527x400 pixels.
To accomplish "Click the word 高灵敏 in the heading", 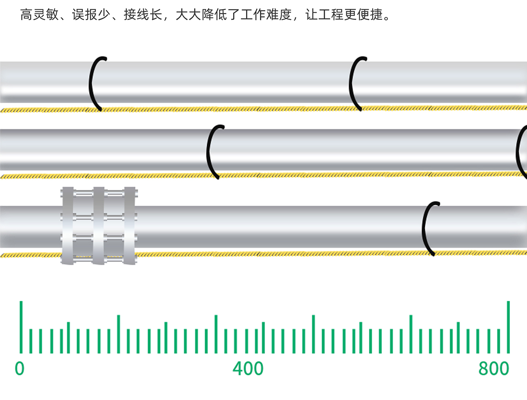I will coord(39,15).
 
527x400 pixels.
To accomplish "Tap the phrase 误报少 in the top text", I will coord(91,15).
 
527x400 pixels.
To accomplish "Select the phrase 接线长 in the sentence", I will coord(143,15).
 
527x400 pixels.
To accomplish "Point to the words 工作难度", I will coord(266,15).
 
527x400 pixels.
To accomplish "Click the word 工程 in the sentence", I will coord(331,15).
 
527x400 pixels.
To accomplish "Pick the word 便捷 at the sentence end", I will coord(370,15).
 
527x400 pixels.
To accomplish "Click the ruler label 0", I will coord(19,368).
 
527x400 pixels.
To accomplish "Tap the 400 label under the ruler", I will coord(248,368).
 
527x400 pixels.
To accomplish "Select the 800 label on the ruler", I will coord(493,368).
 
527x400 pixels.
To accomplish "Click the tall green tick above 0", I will coord(21,327).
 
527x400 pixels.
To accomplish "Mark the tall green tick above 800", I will coord(508,327).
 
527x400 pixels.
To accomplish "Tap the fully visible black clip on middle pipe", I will coord(212,152).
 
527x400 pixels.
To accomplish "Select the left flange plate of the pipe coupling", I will coord(67,226).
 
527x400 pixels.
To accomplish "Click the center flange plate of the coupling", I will coord(99,226).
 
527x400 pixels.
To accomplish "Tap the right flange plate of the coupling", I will coord(130,226).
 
